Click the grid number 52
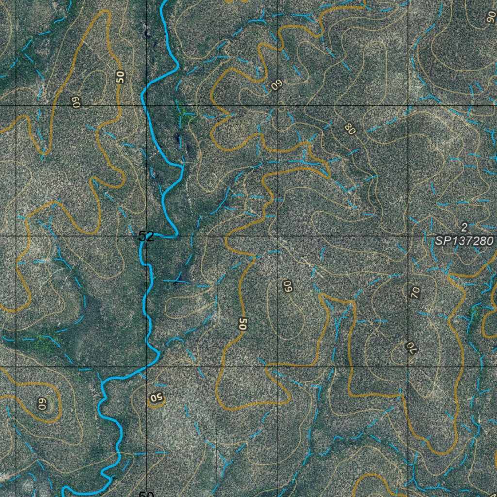146,236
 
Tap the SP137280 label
464,241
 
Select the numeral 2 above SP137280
464,227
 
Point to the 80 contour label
349,129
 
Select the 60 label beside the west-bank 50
76,102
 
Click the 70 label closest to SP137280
415,292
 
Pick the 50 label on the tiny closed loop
156,398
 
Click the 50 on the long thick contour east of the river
243,324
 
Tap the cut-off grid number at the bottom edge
146,494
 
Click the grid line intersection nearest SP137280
408,236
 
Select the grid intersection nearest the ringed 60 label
16,367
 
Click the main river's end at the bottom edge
64,494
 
